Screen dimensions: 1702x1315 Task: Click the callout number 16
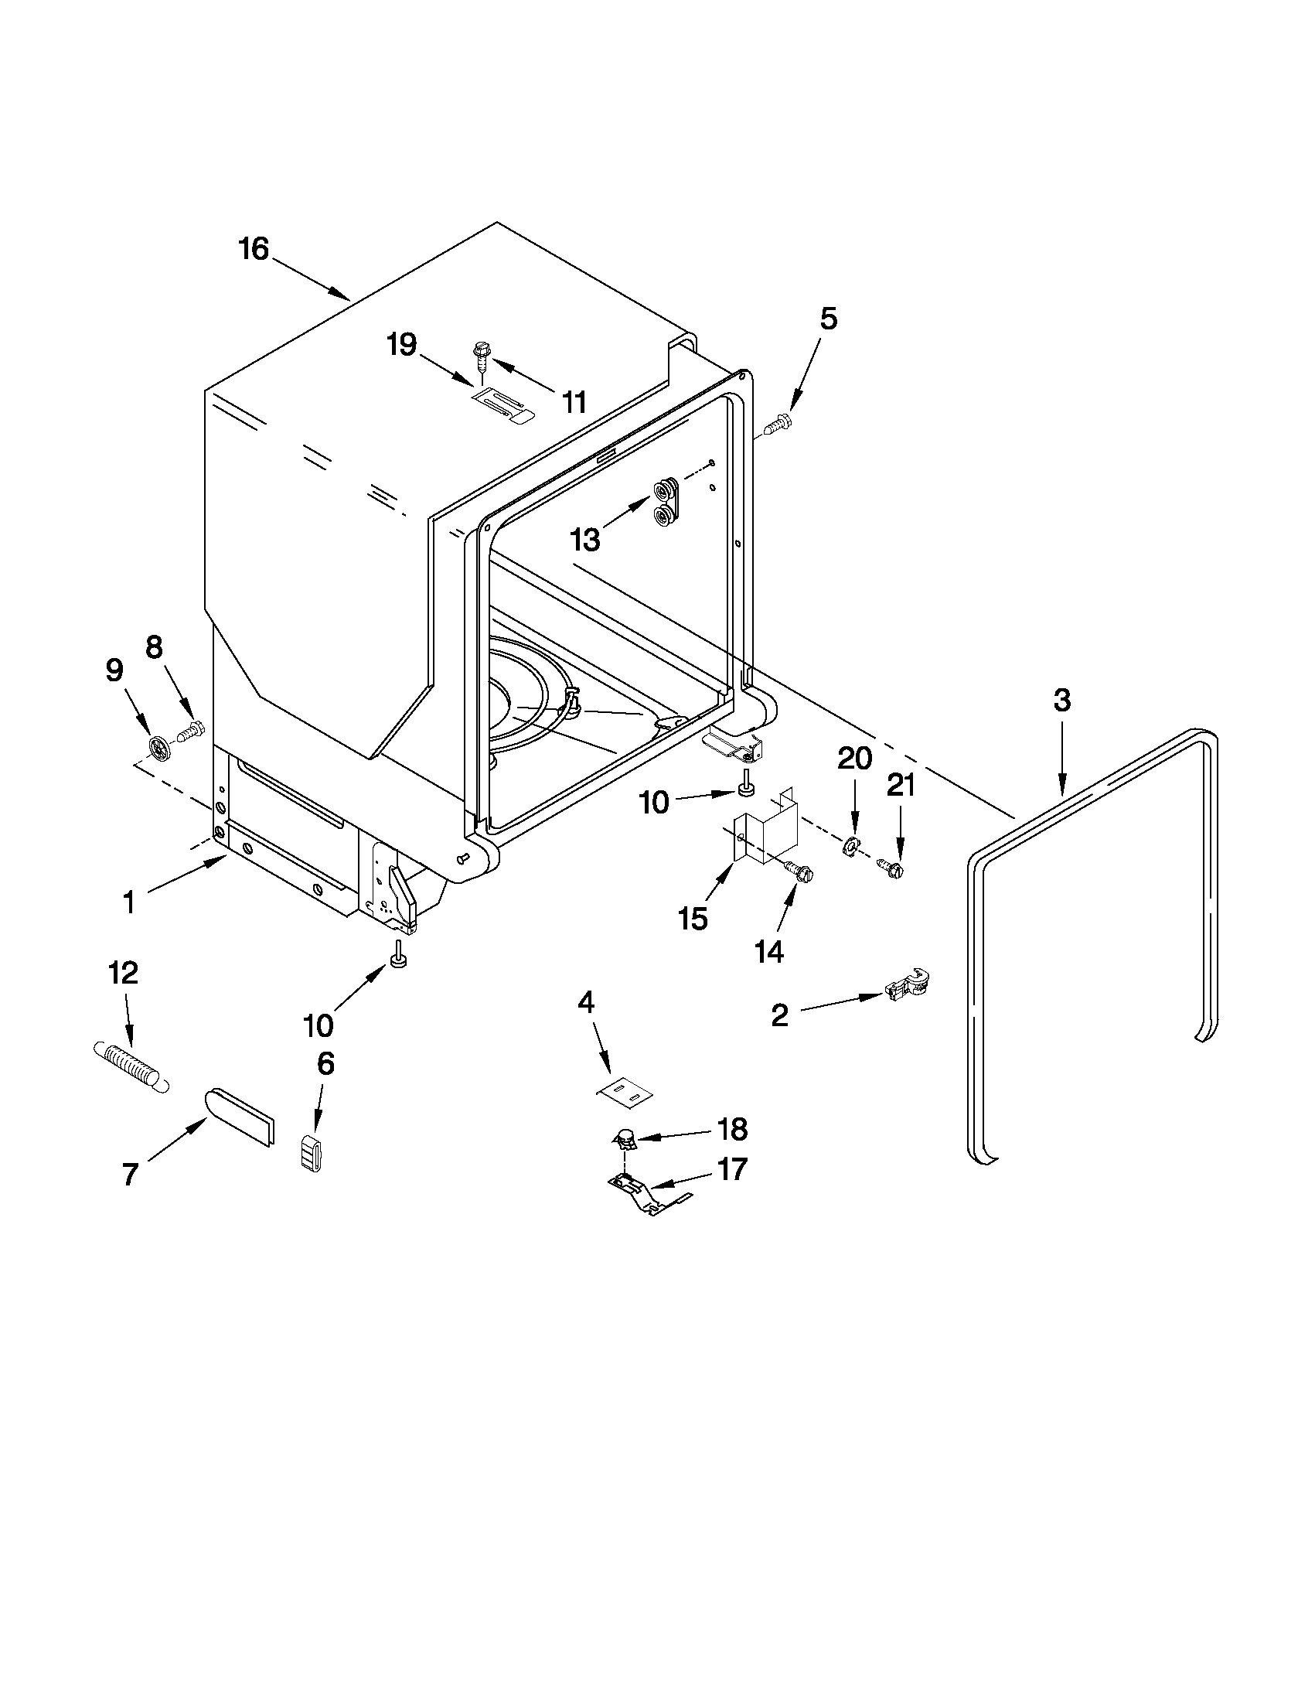pyautogui.click(x=254, y=249)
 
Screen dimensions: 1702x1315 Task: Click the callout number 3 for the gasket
pyautogui.click(x=1061, y=700)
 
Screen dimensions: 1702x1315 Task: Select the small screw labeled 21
pyautogui.click(x=891, y=867)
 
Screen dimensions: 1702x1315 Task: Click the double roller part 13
pyautogui.click(x=667, y=503)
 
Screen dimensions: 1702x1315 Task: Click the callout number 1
pyautogui.click(x=129, y=903)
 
